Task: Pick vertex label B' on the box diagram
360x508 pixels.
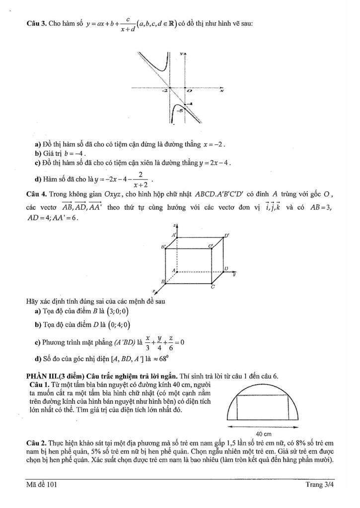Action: point(162,246)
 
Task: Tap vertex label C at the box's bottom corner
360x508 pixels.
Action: point(213,287)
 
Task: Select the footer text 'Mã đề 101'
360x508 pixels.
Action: point(42,485)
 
